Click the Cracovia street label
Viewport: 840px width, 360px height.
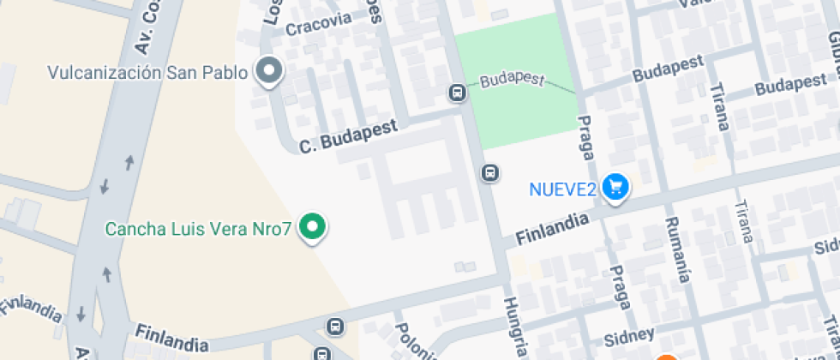pos(319,24)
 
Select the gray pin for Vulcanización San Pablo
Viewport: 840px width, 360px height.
pos(270,70)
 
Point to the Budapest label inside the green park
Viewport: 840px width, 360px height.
pos(513,80)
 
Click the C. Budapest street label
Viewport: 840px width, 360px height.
pos(348,137)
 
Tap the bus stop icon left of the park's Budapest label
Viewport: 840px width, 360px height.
pos(458,92)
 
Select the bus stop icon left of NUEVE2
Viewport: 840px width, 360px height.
pos(489,173)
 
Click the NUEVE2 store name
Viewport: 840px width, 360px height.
pos(562,189)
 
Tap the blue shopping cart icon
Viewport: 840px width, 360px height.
pos(615,186)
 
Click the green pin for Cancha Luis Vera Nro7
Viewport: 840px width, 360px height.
pos(314,227)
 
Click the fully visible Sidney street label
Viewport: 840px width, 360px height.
pos(629,334)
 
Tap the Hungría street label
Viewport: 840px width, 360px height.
pos(515,327)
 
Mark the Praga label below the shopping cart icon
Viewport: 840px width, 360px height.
pos(621,287)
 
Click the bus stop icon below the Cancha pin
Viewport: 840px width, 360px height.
pos(334,327)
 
